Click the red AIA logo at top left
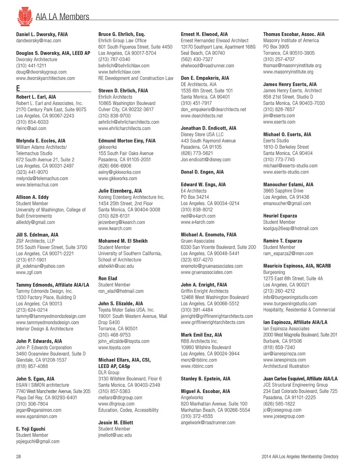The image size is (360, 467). pyautogui.click(x=24, y=17)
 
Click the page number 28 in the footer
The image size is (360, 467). pyautogui.click(x=18, y=456)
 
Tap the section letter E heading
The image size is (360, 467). pyautogui.click(x=18, y=88)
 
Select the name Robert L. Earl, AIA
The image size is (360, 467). pyautogui.click(x=36, y=97)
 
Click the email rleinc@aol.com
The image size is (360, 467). pyautogui.click(x=31, y=128)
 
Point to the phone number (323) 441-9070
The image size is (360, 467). pyautogui.click(x=32, y=172)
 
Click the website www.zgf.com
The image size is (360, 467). pyautogui.click(x=29, y=272)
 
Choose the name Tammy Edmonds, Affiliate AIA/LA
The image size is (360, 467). pyautogui.click(x=52, y=285)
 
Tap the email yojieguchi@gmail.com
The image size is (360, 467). pyautogui.click(x=37, y=441)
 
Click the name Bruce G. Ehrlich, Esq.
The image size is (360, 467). pyautogui.click(x=121, y=34)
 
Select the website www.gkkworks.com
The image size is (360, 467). pyautogui.click(x=117, y=179)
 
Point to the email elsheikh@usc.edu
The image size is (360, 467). pyautogui.click(x=116, y=266)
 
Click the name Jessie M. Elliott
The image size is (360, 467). pyautogui.click(x=115, y=422)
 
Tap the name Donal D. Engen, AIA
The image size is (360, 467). pyautogui.click(x=202, y=172)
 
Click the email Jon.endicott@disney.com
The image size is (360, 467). pyautogui.click(x=205, y=159)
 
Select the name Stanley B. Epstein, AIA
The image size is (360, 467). pyautogui.click(x=205, y=379)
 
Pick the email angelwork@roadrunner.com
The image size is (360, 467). pyautogui.click(x=208, y=422)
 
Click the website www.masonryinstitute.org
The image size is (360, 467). pyautogui.click(x=288, y=72)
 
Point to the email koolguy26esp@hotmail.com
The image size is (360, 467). pyautogui.click(x=290, y=228)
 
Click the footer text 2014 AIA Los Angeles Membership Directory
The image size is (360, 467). pyautogui.click(x=300, y=456)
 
